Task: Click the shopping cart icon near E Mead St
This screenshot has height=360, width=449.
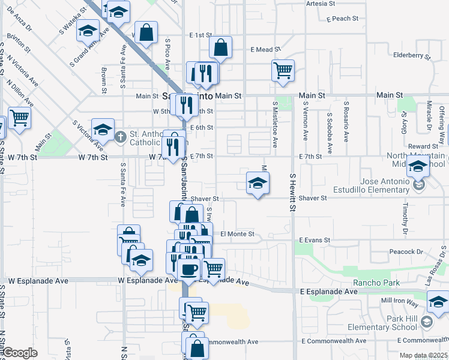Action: tap(283, 70)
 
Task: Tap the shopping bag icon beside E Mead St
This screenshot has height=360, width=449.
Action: tap(221, 47)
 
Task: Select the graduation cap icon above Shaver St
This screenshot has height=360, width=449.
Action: tap(258, 183)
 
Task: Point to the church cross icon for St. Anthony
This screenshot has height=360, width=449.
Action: tap(120, 137)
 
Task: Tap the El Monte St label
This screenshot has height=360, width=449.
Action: tap(238, 233)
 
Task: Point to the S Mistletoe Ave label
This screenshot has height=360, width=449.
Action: tap(275, 124)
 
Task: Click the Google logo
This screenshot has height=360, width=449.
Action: tap(20, 353)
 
